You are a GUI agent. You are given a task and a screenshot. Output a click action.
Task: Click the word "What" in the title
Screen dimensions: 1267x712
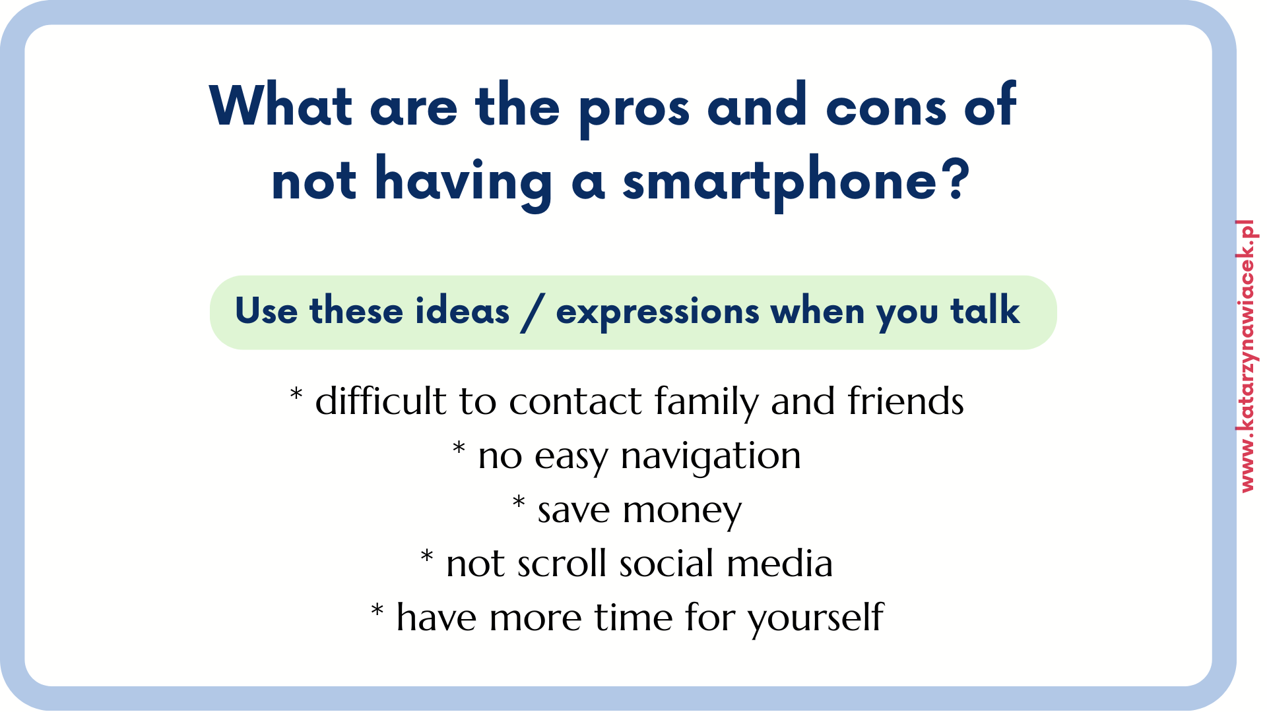[x=281, y=105]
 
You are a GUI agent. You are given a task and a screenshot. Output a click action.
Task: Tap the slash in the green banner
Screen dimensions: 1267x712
[x=533, y=313]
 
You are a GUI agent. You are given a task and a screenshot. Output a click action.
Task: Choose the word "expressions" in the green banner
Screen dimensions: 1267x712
[x=657, y=313]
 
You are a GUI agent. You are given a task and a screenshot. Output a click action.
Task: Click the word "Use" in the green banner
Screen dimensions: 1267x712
[x=266, y=311]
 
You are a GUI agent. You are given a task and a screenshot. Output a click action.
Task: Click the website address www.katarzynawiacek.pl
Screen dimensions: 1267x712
[x=1247, y=356]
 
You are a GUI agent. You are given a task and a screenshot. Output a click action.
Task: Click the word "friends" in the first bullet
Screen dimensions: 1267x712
[x=905, y=401]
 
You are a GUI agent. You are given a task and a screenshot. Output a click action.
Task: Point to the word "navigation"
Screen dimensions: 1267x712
[x=711, y=457]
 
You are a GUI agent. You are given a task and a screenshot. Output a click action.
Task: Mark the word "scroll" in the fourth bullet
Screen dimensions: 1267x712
[x=562, y=564]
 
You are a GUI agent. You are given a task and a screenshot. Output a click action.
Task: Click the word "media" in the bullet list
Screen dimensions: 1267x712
[x=779, y=564]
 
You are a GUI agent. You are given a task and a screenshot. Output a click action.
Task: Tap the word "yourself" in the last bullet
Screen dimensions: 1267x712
[x=816, y=619]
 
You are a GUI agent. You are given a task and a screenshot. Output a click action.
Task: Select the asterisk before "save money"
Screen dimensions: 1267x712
[x=519, y=502]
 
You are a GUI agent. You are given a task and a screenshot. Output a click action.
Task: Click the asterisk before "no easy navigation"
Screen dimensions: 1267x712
[x=459, y=448]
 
